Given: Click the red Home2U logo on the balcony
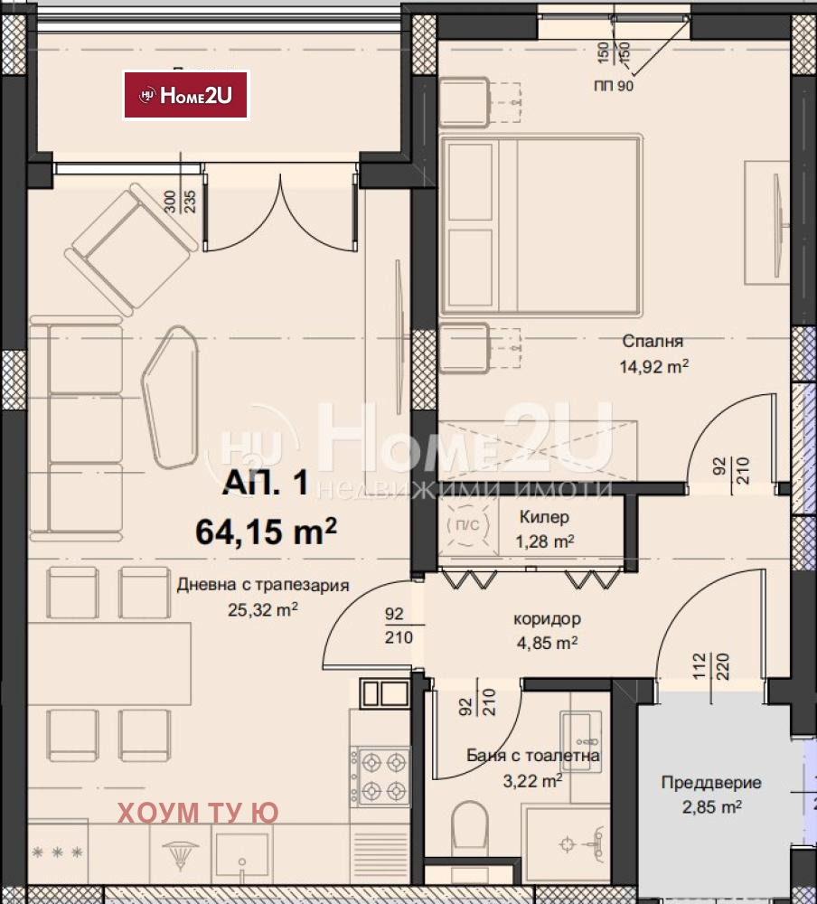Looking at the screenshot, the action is [185, 95].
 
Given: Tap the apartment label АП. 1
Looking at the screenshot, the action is [266, 482].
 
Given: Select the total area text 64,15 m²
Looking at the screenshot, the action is [266, 531].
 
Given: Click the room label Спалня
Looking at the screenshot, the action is [653, 342].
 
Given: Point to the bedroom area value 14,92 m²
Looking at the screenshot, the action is [653, 366].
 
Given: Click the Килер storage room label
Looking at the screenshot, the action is [544, 516].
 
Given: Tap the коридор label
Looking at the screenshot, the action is [547, 618].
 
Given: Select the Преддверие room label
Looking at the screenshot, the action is [711, 782].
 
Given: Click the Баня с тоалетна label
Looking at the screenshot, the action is [532, 755].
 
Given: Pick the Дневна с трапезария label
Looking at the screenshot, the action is [263, 585].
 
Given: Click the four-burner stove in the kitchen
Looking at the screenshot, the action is [380, 776].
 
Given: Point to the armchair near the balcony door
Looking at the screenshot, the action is [130, 250].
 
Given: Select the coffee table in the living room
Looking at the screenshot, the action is [171, 397].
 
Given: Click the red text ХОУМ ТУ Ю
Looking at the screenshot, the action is [198, 813].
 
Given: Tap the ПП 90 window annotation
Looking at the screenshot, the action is [614, 86].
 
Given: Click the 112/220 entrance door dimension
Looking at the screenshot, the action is [710, 666].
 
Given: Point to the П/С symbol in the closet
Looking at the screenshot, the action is [467, 525].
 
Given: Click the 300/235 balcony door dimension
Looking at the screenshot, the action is [180, 202].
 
